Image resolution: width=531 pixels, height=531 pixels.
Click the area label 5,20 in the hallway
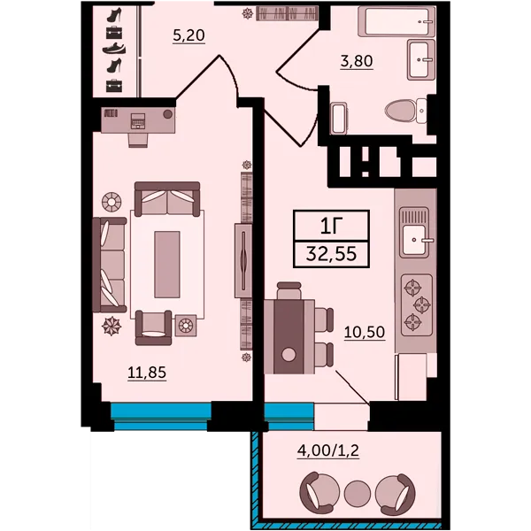(x=189, y=35)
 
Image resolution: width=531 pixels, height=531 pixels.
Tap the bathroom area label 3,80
(x=357, y=61)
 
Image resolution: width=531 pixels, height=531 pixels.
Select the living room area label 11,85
(x=147, y=373)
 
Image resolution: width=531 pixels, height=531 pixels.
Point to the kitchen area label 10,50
(x=365, y=332)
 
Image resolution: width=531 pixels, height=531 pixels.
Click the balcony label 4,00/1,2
(x=328, y=450)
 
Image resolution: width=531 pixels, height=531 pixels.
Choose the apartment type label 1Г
(x=332, y=227)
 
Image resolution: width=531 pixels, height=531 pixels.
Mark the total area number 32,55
(x=331, y=254)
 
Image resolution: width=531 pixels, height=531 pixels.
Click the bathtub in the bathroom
(x=396, y=22)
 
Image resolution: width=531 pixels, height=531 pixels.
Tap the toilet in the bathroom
(x=405, y=111)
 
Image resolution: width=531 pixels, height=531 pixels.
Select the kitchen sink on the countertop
(x=414, y=233)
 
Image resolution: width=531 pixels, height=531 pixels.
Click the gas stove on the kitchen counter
(x=417, y=305)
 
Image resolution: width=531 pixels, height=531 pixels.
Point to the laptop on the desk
(x=138, y=121)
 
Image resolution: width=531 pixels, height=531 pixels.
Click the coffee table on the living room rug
(x=167, y=265)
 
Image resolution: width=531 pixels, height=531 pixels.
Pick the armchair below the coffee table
(x=153, y=327)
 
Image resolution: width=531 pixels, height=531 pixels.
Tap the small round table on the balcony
(x=358, y=493)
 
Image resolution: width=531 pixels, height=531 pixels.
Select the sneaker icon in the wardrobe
(x=114, y=49)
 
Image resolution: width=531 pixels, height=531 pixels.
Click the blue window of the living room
(x=161, y=416)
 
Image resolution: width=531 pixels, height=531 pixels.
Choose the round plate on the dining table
(x=289, y=355)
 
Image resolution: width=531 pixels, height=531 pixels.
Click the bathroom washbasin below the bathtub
(x=421, y=59)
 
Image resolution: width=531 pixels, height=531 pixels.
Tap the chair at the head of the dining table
(x=289, y=291)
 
